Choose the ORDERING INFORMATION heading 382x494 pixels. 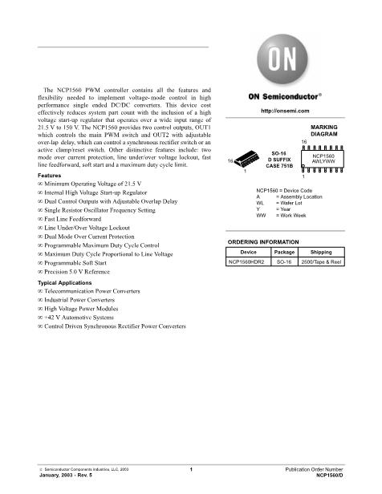pyautogui.click(x=263, y=241)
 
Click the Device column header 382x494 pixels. pyautogui.click(x=248, y=252)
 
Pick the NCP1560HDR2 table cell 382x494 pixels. pyautogui.click(x=248, y=261)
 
